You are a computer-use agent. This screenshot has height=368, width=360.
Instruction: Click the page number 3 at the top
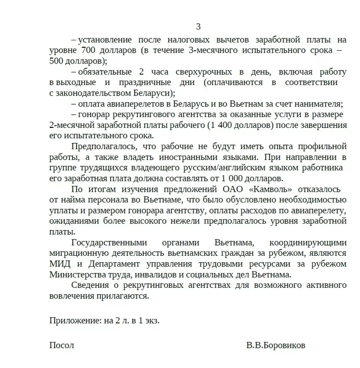pos(198,27)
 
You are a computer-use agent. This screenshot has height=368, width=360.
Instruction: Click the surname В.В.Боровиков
pos(275,345)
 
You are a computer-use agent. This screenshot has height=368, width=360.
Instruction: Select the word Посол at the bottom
pos(61,345)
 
